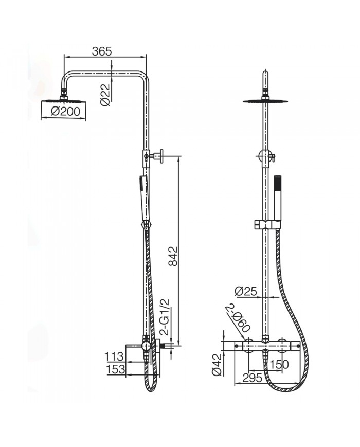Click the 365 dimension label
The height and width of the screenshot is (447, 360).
click(102, 51)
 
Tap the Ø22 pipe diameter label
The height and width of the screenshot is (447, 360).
click(104, 95)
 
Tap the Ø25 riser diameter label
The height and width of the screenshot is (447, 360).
click(245, 292)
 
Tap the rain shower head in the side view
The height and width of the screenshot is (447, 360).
click(64, 98)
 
